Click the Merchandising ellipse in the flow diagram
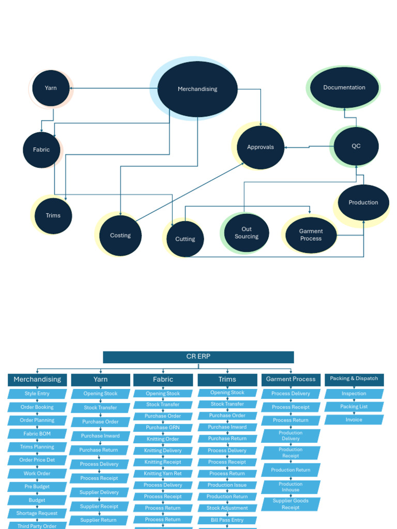197,89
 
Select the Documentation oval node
344,87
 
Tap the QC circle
356,146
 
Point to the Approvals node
260,147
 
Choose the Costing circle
120,236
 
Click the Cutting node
185,239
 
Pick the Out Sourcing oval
247,233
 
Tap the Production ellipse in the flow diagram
363,203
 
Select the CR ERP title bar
198,357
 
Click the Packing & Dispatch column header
354,379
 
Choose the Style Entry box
37,394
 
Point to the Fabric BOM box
37,434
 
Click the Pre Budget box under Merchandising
37,487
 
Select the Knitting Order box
163,439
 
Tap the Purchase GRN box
163,428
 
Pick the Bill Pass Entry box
227,520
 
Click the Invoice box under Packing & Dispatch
354,420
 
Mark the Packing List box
354,407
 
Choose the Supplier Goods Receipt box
291,504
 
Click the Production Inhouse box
291,487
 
